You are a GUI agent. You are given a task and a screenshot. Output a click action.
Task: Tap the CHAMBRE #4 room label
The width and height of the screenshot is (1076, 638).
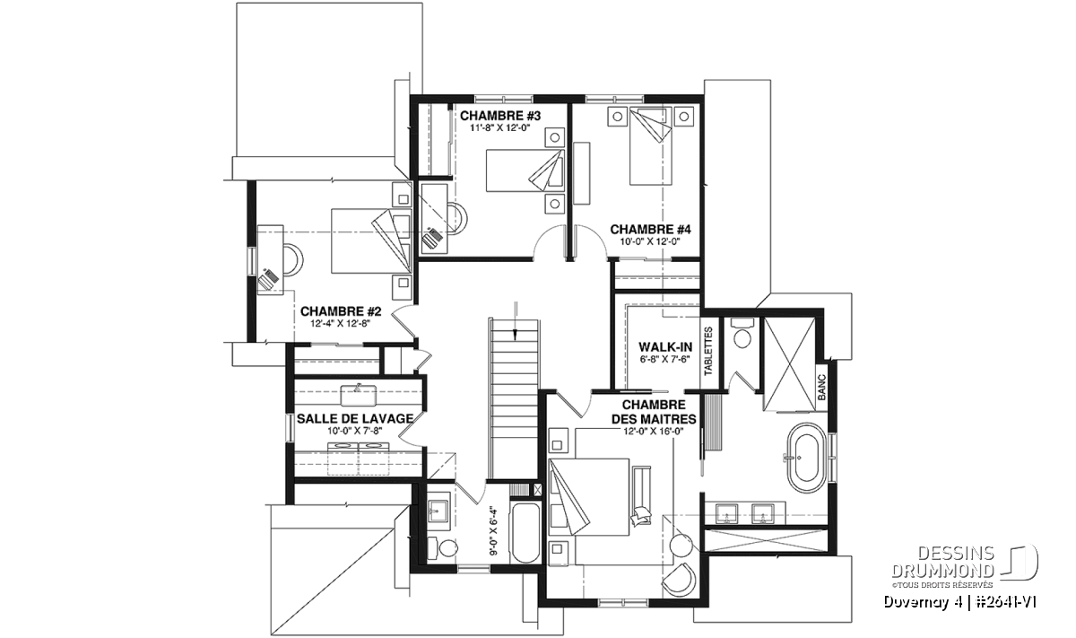(650, 230)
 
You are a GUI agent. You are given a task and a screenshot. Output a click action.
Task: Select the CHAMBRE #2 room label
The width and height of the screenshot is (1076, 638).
(341, 311)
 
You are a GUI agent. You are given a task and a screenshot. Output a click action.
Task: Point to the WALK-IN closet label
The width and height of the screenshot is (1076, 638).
(665, 346)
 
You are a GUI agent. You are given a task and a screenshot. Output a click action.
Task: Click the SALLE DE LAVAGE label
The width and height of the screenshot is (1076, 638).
(355, 419)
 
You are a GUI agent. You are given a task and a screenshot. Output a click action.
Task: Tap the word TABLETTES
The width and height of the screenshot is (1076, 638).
(708, 351)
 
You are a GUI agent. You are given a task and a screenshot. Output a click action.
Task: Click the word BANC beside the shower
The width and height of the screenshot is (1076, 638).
(821, 388)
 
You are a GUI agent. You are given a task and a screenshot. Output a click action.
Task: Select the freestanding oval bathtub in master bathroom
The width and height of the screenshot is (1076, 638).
(807, 458)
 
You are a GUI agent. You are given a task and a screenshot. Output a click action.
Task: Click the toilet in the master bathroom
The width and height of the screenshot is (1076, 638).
(742, 333)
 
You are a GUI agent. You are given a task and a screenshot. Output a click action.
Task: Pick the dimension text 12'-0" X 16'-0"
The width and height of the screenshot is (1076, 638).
(654, 432)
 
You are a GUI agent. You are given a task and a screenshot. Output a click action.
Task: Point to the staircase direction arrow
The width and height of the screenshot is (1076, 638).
(515, 320)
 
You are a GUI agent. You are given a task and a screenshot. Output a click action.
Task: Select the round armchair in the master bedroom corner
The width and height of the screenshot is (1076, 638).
(680, 580)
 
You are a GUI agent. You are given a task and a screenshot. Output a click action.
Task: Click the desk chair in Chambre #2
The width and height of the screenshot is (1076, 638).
(293, 260)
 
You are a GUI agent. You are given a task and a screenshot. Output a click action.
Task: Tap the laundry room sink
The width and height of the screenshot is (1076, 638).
(359, 395)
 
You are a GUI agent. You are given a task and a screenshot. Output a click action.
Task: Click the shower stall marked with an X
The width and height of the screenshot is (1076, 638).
(789, 364)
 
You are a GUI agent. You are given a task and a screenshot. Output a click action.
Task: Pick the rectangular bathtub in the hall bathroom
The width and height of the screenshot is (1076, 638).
(525, 533)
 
